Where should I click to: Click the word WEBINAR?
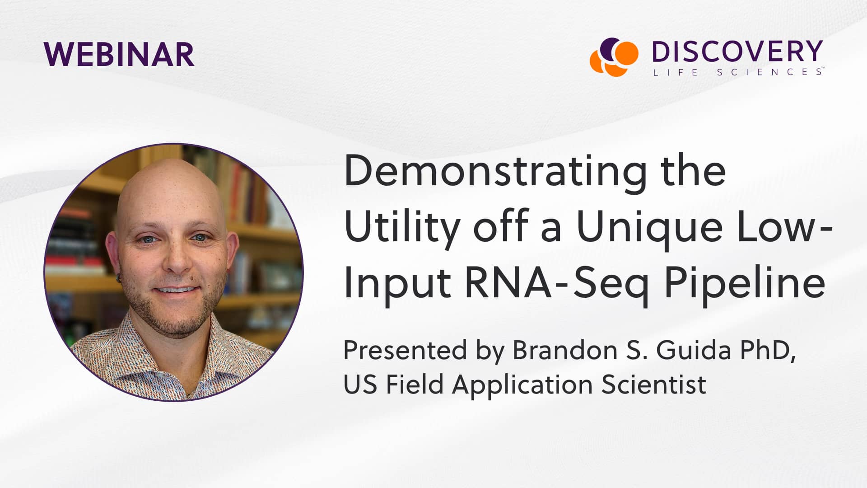tap(119, 55)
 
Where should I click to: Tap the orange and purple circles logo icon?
tap(614, 56)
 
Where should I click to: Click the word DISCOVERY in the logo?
tap(737, 52)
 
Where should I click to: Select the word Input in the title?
tap(397, 283)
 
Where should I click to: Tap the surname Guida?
tap(693, 350)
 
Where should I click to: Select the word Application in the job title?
tap(522, 385)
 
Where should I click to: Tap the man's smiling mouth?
tap(177, 291)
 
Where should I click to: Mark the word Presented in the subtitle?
tap(405, 350)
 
